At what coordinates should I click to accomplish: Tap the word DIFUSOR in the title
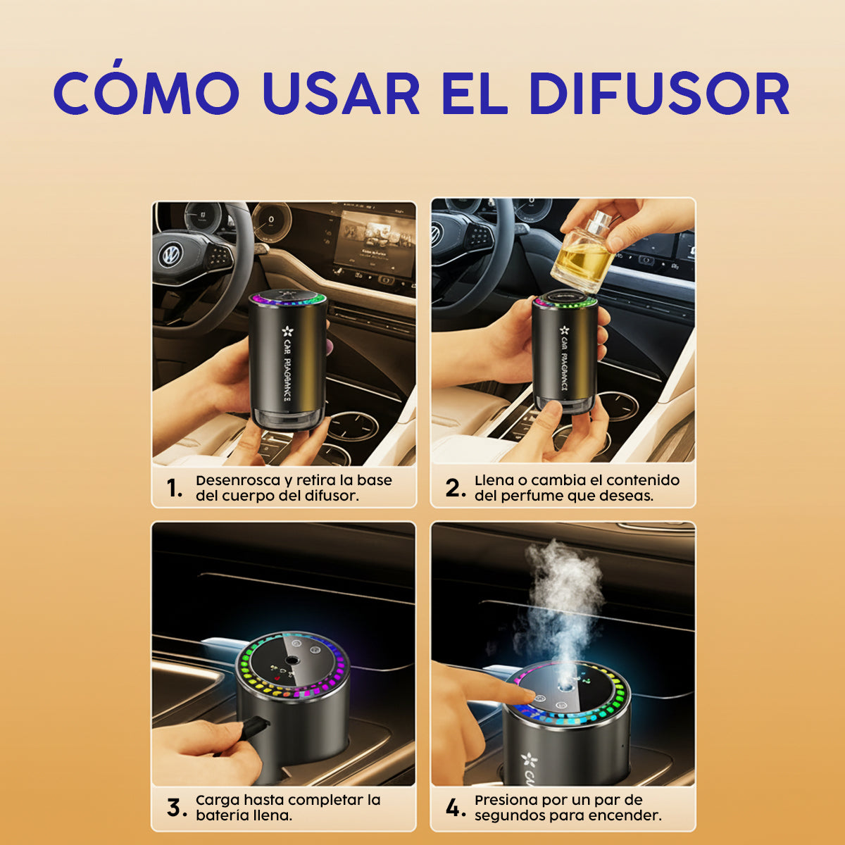click(x=660, y=93)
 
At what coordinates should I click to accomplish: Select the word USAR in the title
click(x=341, y=93)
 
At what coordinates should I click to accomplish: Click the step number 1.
click(x=174, y=488)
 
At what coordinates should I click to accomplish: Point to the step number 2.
click(x=455, y=488)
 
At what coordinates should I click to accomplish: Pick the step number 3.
click(x=176, y=808)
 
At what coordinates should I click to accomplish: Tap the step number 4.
click(x=455, y=808)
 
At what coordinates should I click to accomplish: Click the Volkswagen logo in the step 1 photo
click(x=170, y=254)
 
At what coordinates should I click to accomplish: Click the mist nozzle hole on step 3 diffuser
click(x=290, y=661)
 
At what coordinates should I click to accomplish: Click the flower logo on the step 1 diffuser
click(x=287, y=331)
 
